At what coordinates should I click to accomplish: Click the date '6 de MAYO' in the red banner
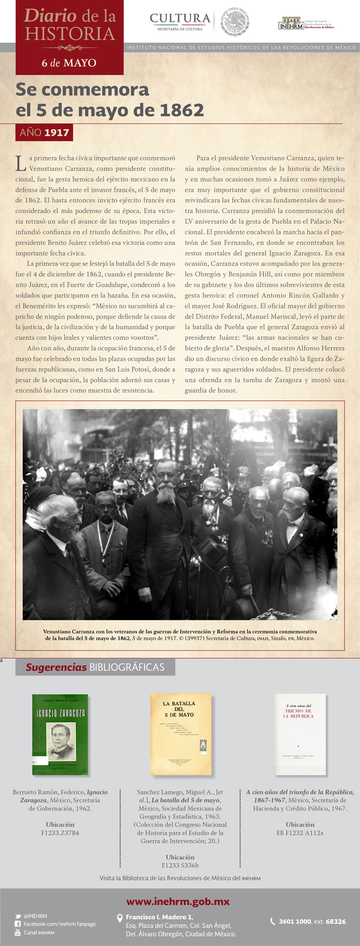click(x=69, y=63)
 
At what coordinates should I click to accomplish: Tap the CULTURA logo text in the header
click(x=180, y=19)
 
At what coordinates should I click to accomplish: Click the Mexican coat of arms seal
click(x=235, y=22)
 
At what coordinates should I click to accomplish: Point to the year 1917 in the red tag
click(x=57, y=133)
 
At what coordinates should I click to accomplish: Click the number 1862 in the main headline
click(x=181, y=110)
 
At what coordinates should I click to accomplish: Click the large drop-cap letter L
click(x=21, y=163)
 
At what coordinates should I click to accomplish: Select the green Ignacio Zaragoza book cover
click(x=60, y=734)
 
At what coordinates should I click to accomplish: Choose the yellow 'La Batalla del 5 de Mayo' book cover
click(x=180, y=734)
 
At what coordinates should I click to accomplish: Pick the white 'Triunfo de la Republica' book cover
click(x=300, y=734)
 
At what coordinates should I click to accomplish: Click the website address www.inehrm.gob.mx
click(x=178, y=901)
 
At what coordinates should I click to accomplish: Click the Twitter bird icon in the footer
click(x=18, y=916)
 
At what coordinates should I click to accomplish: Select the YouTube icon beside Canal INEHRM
click(x=18, y=932)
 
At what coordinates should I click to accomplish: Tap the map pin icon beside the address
click(x=120, y=918)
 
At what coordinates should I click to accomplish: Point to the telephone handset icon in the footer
click(x=273, y=921)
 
